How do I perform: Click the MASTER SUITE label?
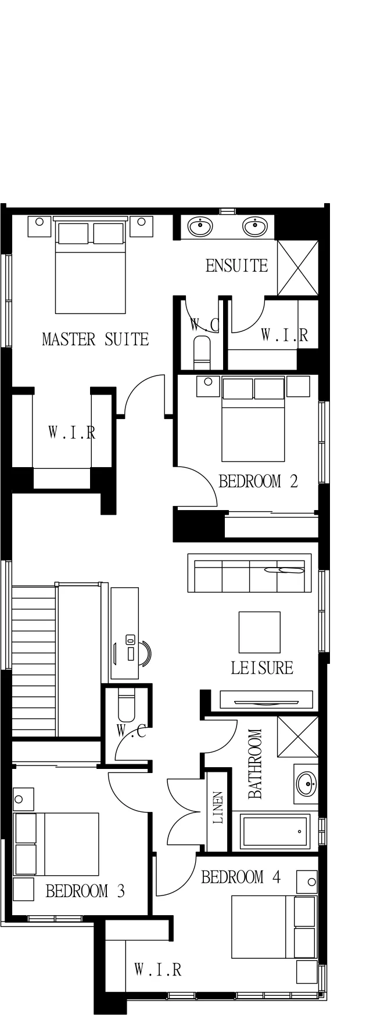[95, 339]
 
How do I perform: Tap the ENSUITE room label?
[237, 266]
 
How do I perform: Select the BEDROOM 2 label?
[258, 481]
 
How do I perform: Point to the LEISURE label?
[262, 668]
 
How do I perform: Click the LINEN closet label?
[218, 808]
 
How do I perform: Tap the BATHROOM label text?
[255, 764]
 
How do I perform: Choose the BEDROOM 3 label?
[85, 891]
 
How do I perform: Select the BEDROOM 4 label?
[241, 877]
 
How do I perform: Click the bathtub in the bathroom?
[275, 831]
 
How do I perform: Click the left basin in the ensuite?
[201, 226]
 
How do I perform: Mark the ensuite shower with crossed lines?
[297, 268]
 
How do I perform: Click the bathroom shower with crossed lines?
[297, 736]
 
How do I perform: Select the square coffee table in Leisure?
[259, 632]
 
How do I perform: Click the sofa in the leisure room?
[249, 573]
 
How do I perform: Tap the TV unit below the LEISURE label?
[266, 699]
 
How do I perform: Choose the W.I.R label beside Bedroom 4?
[157, 970]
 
